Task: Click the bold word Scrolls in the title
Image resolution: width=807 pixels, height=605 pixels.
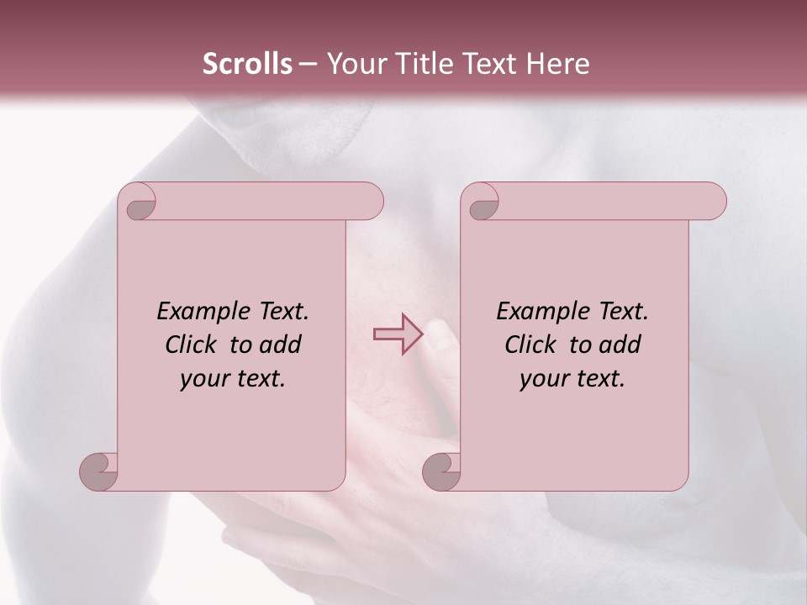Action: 248,64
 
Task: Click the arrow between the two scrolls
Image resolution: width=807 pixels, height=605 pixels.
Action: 398,334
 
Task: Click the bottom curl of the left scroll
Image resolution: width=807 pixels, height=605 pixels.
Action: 99,471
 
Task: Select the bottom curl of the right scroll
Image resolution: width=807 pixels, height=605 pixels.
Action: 442,471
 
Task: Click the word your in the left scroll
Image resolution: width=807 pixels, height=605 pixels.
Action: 203,380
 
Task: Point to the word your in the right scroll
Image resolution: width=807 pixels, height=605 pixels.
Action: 543,380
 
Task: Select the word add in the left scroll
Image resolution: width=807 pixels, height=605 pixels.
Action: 280,345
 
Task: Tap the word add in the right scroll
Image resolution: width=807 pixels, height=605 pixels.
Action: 620,345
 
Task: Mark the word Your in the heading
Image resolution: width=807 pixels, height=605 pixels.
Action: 355,64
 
